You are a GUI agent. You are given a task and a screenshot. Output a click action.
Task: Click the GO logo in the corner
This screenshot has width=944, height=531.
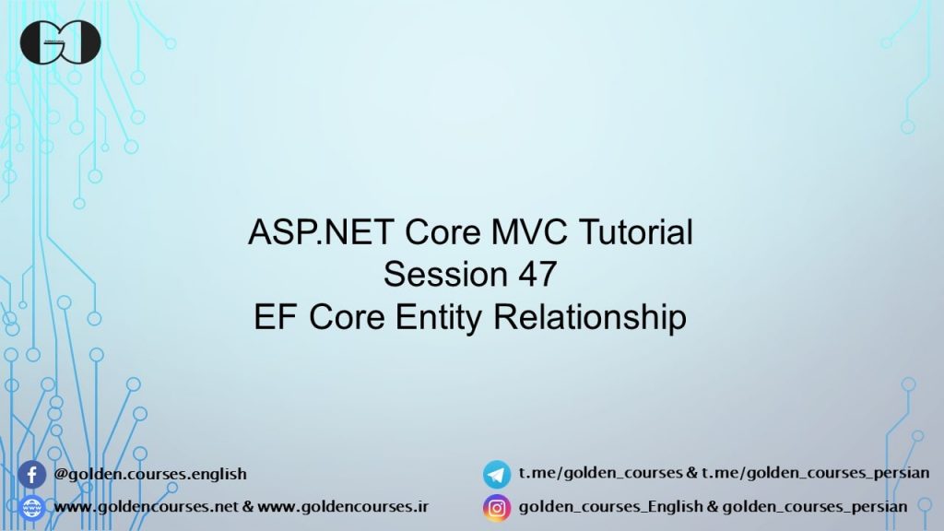tap(60, 42)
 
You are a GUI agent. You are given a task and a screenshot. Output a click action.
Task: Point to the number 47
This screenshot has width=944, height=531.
tap(537, 274)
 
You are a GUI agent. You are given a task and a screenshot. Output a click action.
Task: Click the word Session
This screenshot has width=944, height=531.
tap(445, 274)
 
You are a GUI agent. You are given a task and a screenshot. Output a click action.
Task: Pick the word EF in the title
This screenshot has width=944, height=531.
tap(275, 317)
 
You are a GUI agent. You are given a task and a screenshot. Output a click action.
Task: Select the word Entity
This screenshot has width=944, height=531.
tap(438, 317)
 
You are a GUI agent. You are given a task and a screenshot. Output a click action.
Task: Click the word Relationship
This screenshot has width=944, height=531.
tap(589, 317)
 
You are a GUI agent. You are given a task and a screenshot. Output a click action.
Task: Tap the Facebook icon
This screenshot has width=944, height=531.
tap(32, 475)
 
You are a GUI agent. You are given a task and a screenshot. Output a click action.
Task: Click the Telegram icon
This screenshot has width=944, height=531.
tap(497, 475)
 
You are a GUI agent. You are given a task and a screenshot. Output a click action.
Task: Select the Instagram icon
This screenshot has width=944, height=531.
tap(497, 508)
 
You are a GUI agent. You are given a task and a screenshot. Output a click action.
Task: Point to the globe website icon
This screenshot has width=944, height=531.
tap(32, 508)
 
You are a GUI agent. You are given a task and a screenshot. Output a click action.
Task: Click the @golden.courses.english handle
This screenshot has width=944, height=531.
tap(150, 474)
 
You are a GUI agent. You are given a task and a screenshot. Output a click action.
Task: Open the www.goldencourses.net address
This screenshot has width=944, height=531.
tap(146, 507)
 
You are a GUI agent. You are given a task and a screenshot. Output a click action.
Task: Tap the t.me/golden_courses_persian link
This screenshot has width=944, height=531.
tap(815, 473)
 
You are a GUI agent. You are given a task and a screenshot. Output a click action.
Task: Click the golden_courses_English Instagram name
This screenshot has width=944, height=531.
tap(610, 507)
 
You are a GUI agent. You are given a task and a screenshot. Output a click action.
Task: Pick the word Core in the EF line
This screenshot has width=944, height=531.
tap(347, 317)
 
